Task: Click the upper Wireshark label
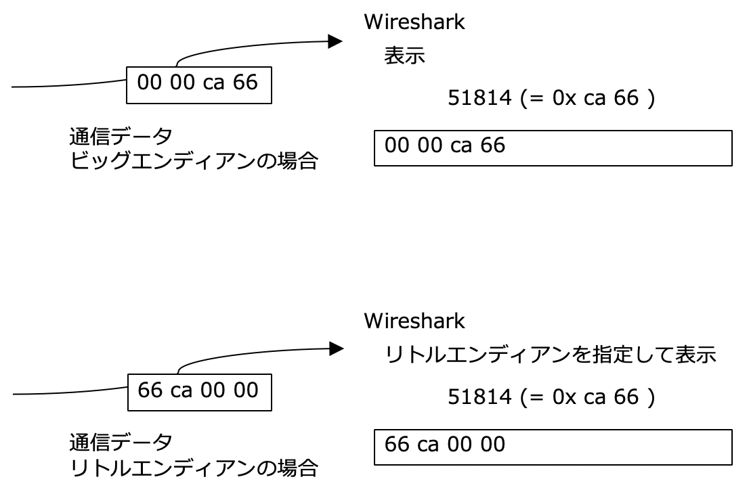[414, 22]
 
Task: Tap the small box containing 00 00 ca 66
[199, 84]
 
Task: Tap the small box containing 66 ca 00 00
[199, 392]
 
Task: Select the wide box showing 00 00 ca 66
[553, 148]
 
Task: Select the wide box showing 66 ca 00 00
[553, 447]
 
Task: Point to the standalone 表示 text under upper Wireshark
[404, 56]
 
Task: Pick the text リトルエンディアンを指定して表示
[551, 355]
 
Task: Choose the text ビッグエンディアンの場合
[194, 162]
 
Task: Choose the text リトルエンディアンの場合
[194, 467]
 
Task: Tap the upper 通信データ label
[121, 138]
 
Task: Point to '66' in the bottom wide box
[396, 445]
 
